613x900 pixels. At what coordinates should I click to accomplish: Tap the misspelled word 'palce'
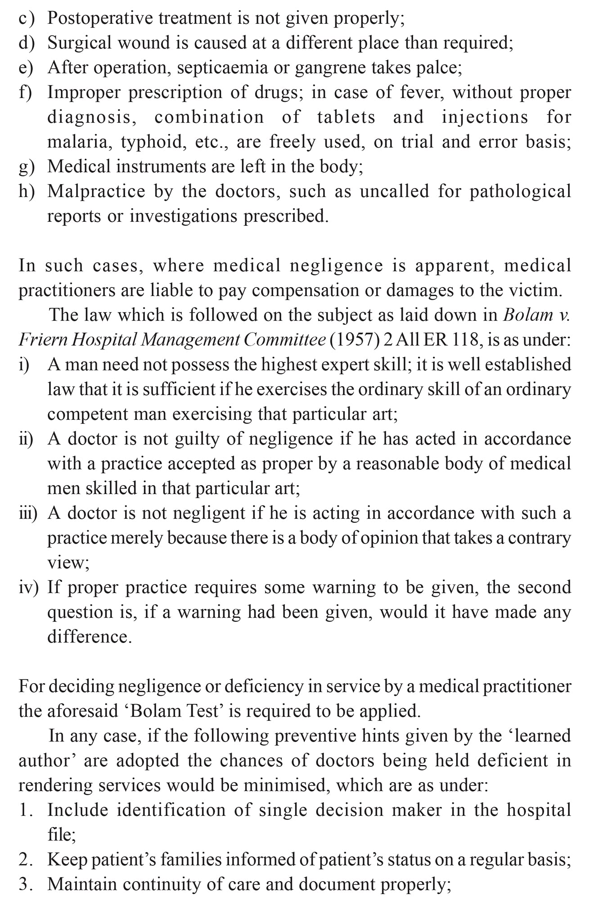point(438,68)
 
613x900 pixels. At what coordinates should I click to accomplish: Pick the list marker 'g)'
point(27,167)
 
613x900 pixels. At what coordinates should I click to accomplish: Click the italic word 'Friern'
point(42,340)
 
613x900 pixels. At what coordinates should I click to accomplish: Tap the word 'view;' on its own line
point(68,563)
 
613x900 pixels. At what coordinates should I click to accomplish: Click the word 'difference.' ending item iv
point(90,637)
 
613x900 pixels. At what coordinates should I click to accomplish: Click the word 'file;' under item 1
point(62,835)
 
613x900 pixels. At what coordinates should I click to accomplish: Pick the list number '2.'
point(26,860)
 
